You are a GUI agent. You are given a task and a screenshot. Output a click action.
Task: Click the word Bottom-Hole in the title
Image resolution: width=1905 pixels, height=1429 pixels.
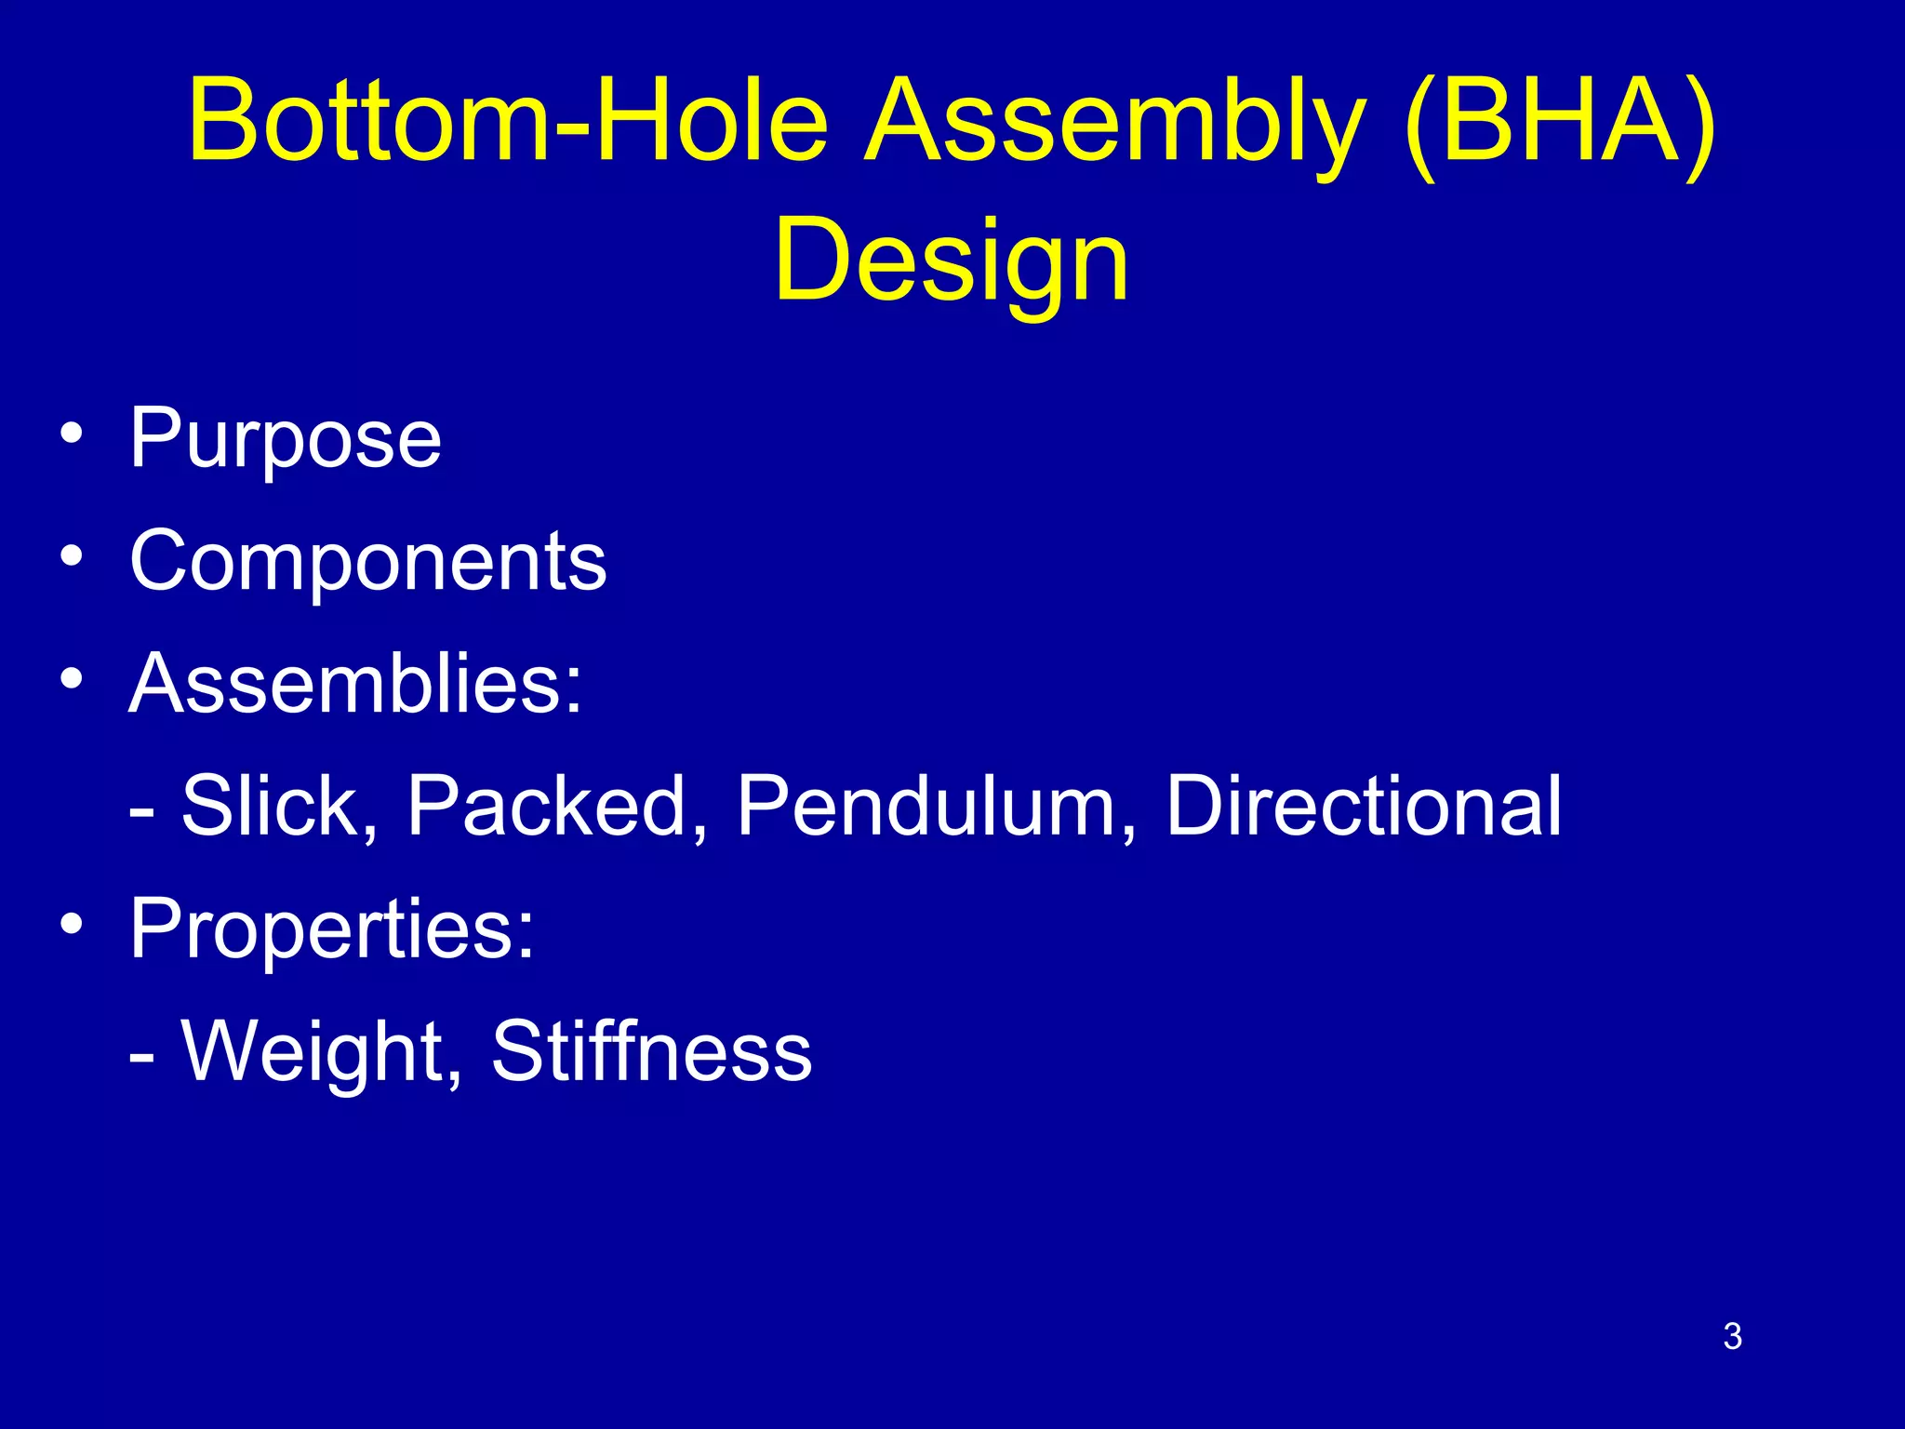pos(507,121)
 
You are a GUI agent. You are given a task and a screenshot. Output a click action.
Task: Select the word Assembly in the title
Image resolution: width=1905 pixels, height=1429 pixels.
pos(1115,126)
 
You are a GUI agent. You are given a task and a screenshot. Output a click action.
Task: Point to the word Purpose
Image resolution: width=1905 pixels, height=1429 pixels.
pos(285,439)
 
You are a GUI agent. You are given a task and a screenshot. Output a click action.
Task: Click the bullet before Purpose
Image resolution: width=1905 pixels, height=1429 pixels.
pos(72,434)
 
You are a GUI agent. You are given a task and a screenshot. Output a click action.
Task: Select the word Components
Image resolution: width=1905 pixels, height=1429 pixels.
pos(367,561)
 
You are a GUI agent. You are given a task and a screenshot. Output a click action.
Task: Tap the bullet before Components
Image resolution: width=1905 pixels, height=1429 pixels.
pos(72,556)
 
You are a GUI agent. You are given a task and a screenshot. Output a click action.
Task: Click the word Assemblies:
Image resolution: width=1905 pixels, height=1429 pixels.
pos(355,683)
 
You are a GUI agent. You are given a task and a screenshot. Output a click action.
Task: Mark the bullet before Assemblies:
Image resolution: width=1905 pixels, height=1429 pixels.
pos(72,679)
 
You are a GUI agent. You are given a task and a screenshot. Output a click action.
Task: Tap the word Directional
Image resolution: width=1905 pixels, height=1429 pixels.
pos(1363,806)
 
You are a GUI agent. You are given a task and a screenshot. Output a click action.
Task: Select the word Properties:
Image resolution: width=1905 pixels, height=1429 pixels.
pos(332,928)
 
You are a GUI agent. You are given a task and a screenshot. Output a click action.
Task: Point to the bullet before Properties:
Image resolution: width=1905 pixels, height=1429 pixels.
pos(72,924)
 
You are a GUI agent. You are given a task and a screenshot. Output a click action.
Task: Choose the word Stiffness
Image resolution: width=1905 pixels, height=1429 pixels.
pos(651,1051)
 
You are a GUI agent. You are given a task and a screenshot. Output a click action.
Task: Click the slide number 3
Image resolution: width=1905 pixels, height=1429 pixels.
pos(1732,1337)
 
